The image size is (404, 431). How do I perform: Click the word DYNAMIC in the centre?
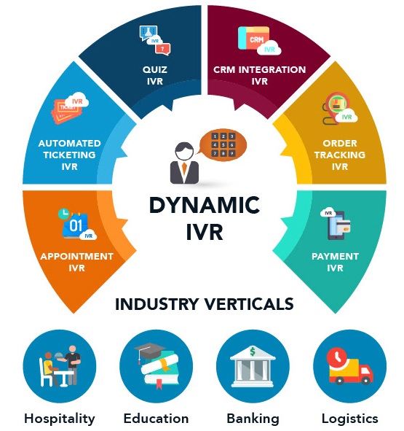click(x=205, y=205)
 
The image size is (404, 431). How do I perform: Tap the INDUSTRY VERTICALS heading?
click(x=205, y=304)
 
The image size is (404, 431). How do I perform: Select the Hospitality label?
click(x=60, y=419)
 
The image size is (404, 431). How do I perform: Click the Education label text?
click(x=156, y=419)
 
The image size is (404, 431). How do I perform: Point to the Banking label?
click(x=253, y=419)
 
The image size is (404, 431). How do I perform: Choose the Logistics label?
click(x=349, y=419)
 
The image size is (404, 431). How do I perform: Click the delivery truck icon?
click(x=349, y=366)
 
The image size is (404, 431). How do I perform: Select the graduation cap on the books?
click(x=149, y=351)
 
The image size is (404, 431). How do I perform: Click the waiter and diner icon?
click(x=60, y=366)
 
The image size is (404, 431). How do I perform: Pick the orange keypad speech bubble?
click(x=222, y=145)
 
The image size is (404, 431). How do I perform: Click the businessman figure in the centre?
click(x=184, y=163)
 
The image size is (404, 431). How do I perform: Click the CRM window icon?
click(x=253, y=38)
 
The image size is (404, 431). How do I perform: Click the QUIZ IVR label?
click(x=155, y=75)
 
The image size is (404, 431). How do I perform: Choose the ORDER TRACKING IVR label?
click(x=340, y=155)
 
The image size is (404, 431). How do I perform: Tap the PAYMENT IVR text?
click(x=335, y=262)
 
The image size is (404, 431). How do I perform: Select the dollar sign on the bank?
click(x=253, y=352)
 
